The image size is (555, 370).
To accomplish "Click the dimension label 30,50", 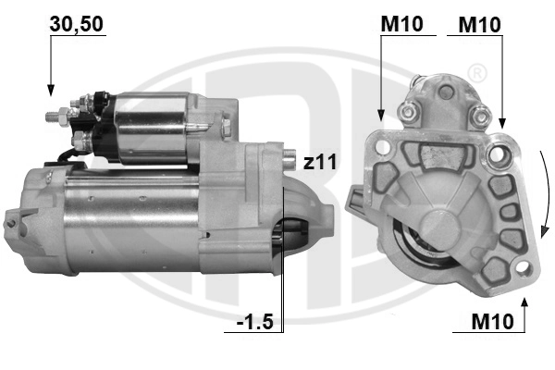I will click(76, 25).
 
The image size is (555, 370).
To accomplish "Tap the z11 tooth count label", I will click(320, 163).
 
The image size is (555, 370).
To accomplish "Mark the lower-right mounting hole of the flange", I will click(523, 269).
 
